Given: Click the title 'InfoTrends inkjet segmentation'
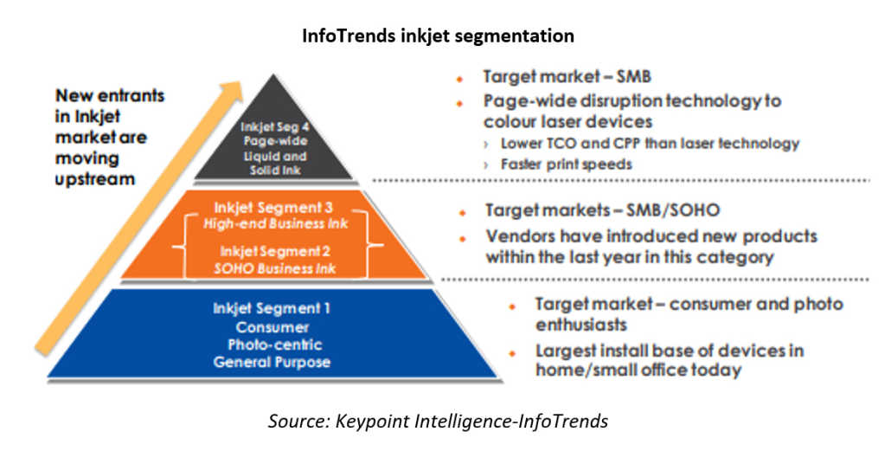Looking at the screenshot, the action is pyautogui.click(x=438, y=35).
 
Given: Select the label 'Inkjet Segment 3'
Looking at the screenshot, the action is pyautogui.click(x=272, y=208).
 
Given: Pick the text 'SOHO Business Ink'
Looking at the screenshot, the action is pyautogui.click(x=275, y=268).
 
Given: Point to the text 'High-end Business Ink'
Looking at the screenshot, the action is pyautogui.click(x=276, y=223).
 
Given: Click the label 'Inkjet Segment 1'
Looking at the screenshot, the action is pyautogui.click(x=272, y=308).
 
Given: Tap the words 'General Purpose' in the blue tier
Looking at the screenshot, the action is pyautogui.click(x=272, y=362).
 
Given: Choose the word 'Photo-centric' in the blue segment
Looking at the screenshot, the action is pyautogui.click(x=275, y=345).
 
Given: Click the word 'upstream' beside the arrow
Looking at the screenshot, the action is pyautogui.click(x=95, y=179).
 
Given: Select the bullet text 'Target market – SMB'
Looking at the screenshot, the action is pyautogui.click(x=567, y=76).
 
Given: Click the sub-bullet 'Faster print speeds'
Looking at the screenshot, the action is pyautogui.click(x=566, y=164).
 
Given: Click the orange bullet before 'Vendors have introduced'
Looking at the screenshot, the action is pyautogui.click(x=462, y=239).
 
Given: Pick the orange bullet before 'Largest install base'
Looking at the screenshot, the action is pyautogui.click(x=512, y=353).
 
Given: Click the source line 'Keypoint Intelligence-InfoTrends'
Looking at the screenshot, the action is pyautogui.click(x=471, y=422).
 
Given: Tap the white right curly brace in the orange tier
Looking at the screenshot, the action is pyautogui.click(x=373, y=245).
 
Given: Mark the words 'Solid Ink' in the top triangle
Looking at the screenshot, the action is pyautogui.click(x=275, y=170).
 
